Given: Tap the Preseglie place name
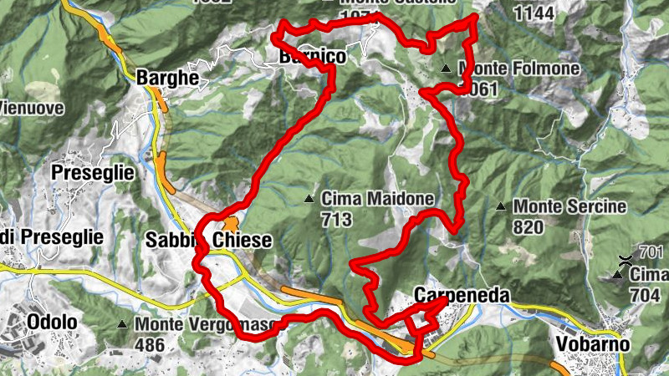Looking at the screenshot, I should (92, 173).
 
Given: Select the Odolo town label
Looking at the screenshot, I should (52, 323).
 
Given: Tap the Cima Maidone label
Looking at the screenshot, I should (377, 199).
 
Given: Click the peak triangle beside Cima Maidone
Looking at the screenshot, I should (309, 199).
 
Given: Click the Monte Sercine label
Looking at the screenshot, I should (569, 206).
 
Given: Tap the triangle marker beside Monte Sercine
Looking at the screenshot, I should (501, 206).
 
